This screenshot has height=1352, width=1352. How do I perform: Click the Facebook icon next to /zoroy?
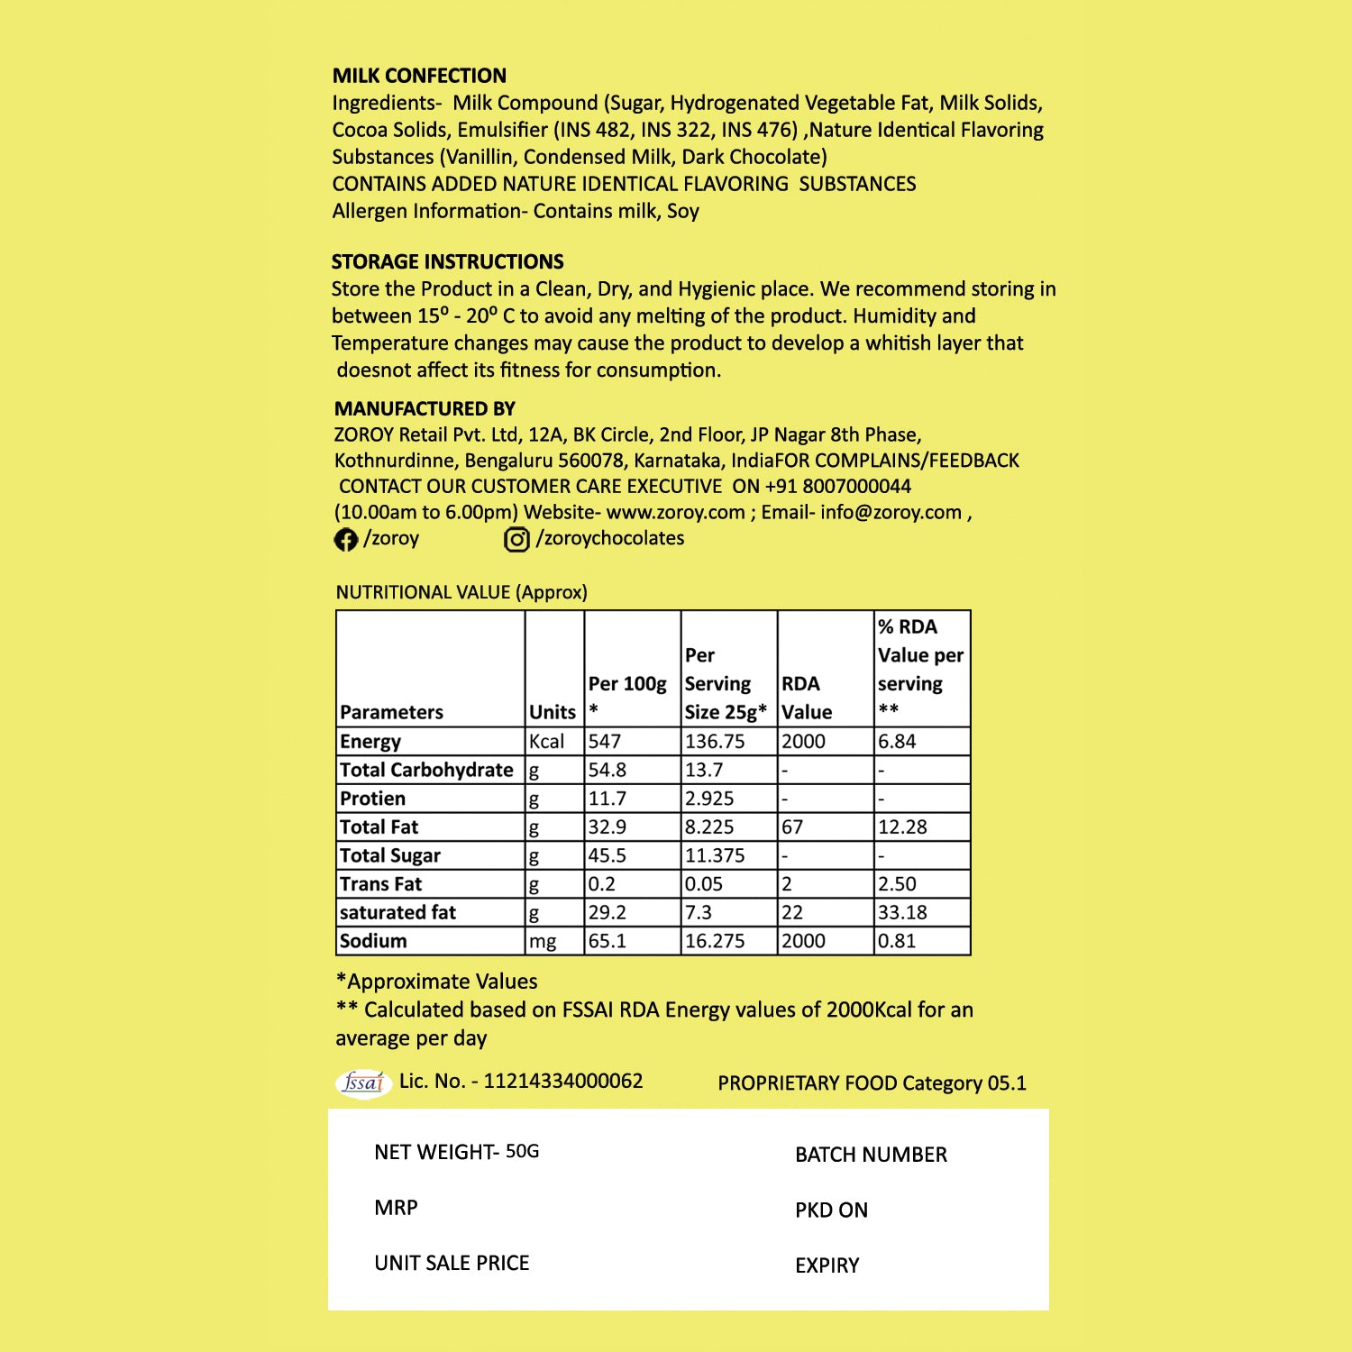345,539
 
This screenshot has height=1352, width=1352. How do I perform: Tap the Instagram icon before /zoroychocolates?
516,539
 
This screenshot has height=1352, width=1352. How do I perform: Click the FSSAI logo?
363,1082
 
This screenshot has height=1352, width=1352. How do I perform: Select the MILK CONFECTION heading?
419,76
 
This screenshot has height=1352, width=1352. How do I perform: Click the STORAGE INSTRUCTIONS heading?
447,262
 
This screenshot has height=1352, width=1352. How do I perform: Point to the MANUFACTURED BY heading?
425,408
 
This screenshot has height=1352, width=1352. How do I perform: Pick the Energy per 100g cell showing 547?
606,741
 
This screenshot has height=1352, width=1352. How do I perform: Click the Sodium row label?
373,941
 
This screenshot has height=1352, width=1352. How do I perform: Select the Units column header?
553,712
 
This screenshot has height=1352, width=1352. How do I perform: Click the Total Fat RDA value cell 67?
792,827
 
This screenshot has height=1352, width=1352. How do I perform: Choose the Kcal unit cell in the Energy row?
547,741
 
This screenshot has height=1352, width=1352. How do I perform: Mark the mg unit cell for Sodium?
543,941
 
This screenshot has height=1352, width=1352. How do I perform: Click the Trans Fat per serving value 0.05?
704,884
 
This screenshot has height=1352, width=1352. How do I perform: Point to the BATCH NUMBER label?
871,1155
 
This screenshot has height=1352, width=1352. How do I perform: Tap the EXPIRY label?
827,1265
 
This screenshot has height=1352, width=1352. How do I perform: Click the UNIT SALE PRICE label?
452,1263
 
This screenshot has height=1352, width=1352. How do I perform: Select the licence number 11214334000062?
563,1081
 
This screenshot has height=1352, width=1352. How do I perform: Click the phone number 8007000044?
856,487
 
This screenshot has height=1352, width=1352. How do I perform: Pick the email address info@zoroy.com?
891,513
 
